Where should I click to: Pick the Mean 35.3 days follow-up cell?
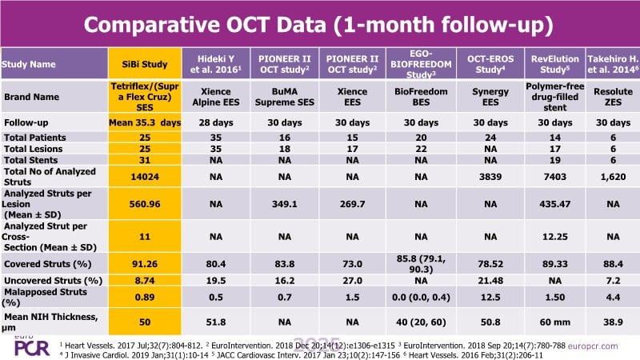click(144, 122)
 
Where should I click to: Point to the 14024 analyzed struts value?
click(144, 176)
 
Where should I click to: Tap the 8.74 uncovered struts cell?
click(144, 282)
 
